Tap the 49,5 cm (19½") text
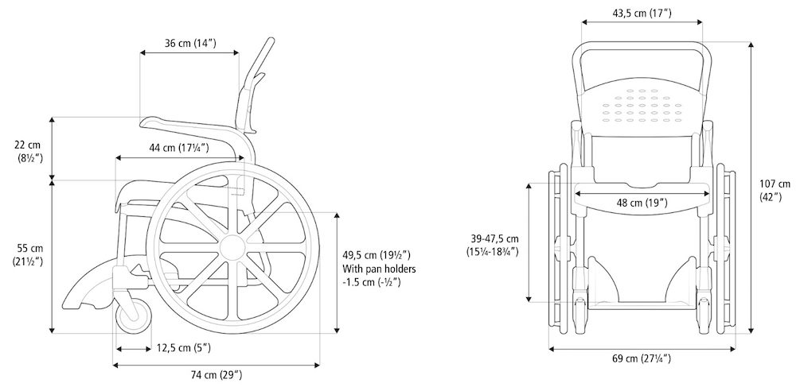[377, 254]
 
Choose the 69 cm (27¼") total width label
[642, 358]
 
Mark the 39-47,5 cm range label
[493, 238]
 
